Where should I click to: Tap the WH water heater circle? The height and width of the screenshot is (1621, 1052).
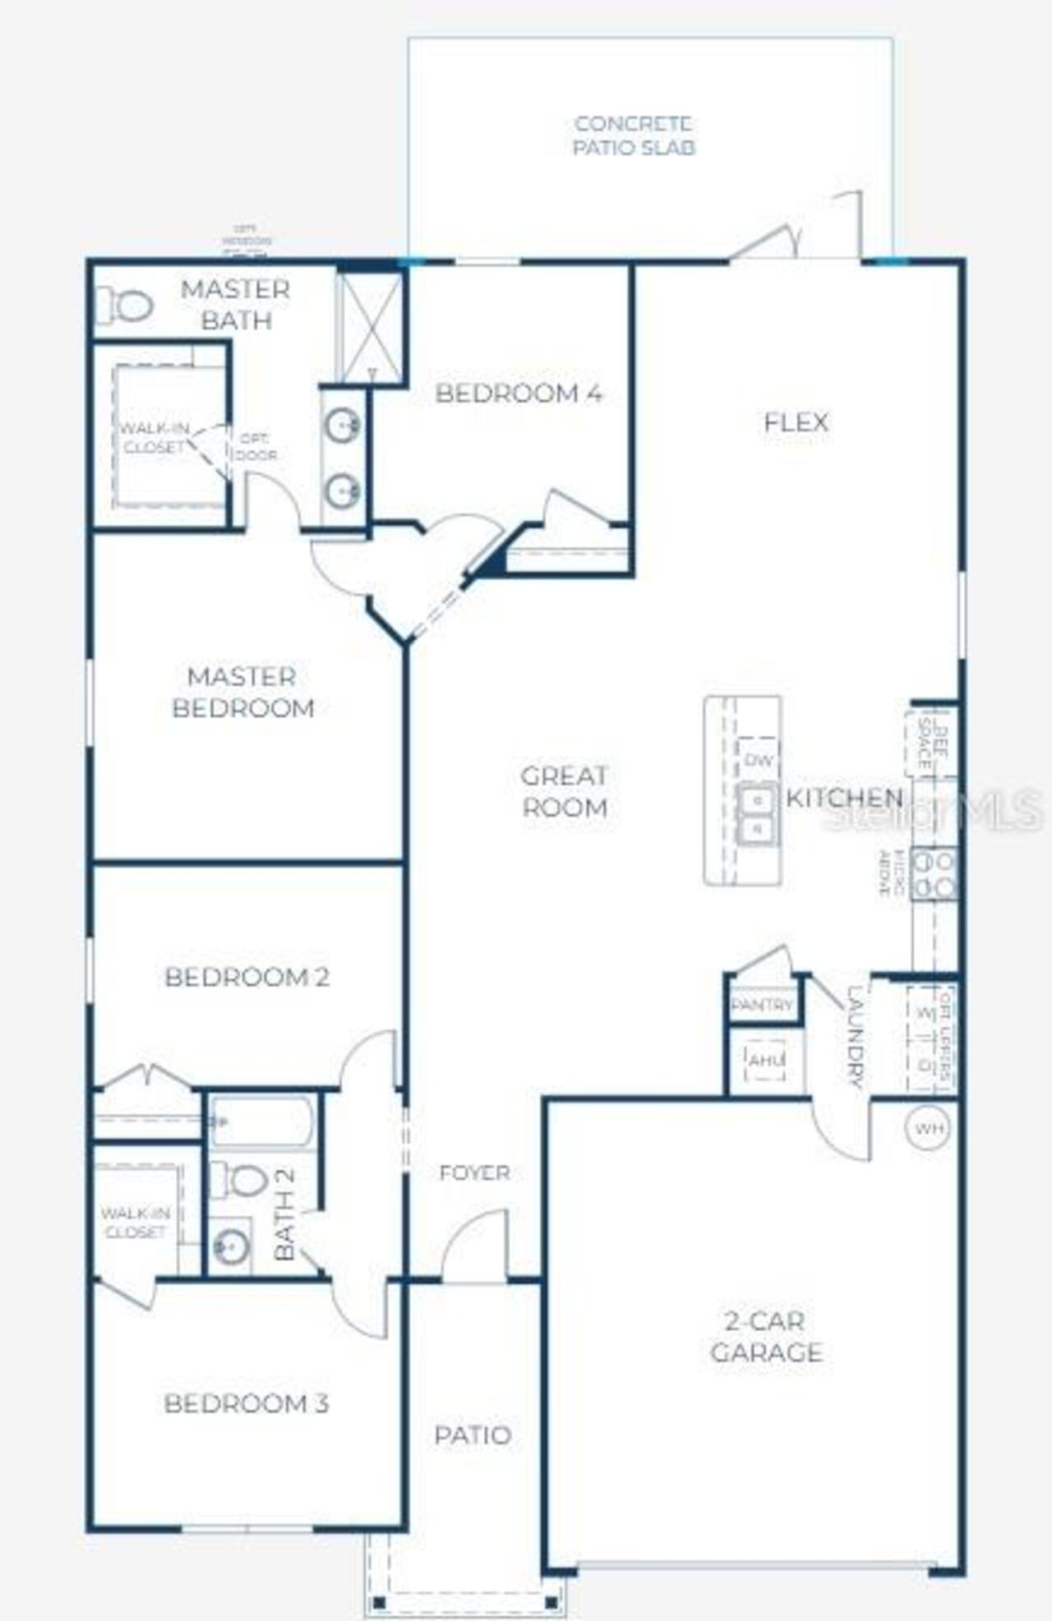pyautogui.click(x=929, y=1128)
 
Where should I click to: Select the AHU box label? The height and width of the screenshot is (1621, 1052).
pyautogui.click(x=765, y=1061)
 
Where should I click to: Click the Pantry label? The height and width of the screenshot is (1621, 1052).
pyautogui.click(x=762, y=1005)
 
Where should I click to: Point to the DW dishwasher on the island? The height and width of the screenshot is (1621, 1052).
pyautogui.click(x=759, y=760)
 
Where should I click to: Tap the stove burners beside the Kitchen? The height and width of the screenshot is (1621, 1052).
pyautogui.click(x=935, y=874)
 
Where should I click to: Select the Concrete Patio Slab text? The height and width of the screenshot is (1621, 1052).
pyautogui.click(x=634, y=136)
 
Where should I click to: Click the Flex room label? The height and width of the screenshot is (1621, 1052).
pyautogui.click(x=796, y=422)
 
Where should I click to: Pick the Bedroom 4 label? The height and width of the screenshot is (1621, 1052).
pyautogui.click(x=519, y=394)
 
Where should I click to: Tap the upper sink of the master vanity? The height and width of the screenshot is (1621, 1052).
pyautogui.click(x=342, y=425)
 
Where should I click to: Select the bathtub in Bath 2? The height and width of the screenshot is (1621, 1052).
pyautogui.click(x=261, y=1121)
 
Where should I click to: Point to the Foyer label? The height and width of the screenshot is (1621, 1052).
pyautogui.click(x=474, y=1172)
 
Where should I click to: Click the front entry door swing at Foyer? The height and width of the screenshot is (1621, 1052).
pyautogui.click(x=474, y=1247)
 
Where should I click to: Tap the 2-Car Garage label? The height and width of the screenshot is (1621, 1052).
pyautogui.click(x=766, y=1337)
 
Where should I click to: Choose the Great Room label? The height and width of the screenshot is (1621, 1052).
pyautogui.click(x=565, y=791)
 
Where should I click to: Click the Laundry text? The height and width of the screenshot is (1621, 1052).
pyautogui.click(x=855, y=1036)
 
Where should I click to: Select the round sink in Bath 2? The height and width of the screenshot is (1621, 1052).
pyautogui.click(x=230, y=1246)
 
